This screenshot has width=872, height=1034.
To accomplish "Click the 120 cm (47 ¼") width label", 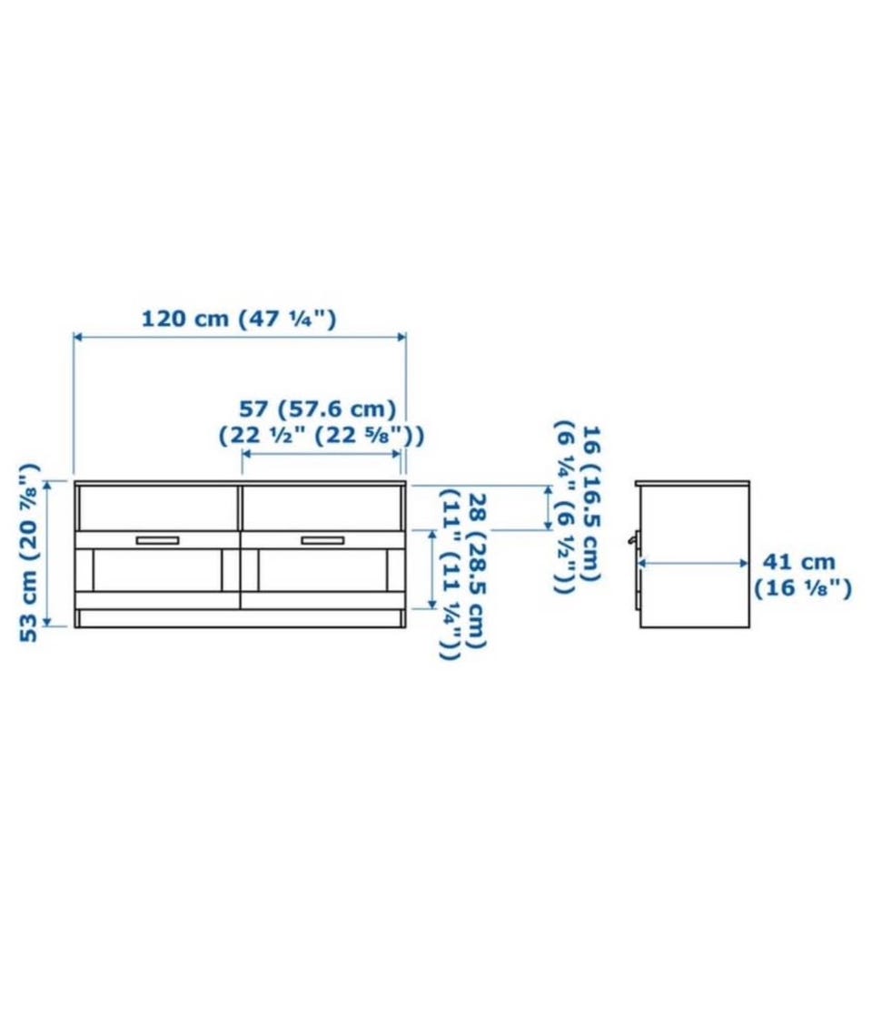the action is (239, 320).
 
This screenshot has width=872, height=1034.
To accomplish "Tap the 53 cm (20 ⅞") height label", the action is (29, 552).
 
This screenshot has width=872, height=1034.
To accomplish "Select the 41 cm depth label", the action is (798, 562).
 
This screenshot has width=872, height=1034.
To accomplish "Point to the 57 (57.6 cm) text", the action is (317, 409).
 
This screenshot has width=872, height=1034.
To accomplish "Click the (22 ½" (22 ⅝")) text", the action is (322, 436).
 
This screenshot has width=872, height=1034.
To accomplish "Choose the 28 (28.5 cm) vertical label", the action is (476, 571).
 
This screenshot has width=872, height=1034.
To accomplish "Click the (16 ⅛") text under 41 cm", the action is (803, 587).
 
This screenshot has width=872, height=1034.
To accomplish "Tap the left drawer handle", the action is (158, 541).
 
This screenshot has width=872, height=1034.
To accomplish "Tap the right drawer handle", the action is (322, 541).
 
